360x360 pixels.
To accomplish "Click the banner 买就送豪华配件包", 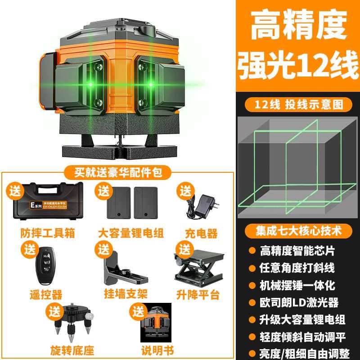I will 117,171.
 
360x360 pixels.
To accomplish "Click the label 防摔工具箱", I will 41,233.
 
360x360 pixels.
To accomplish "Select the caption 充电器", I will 201,233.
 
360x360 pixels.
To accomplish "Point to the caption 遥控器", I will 45,295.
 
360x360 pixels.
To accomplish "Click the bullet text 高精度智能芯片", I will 297,250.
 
